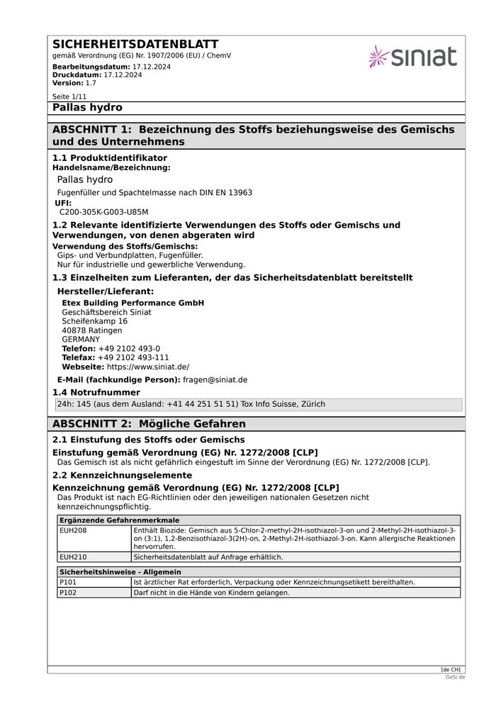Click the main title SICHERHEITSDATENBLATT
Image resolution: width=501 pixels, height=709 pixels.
click(x=135, y=44)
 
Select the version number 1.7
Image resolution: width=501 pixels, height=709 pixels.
click(x=91, y=83)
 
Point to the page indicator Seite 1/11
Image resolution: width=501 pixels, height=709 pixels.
click(x=69, y=96)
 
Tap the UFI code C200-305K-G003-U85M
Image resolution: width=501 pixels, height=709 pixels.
click(x=103, y=212)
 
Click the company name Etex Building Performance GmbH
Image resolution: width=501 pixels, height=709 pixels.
click(x=133, y=303)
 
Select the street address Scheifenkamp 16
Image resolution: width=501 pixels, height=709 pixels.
click(x=94, y=321)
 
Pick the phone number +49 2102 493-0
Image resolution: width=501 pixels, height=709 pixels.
click(x=129, y=349)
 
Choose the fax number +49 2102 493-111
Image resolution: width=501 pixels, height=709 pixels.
click(x=133, y=358)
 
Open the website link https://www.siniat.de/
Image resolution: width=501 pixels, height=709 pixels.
click(x=147, y=367)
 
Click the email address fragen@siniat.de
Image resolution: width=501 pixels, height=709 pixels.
click(x=215, y=380)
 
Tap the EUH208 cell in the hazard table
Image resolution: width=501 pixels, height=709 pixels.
click(x=73, y=530)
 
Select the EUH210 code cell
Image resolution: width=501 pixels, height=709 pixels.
click(x=73, y=557)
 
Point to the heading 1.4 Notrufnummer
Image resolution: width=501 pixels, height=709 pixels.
click(x=96, y=392)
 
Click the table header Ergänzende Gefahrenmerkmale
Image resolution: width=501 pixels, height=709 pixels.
click(x=119, y=520)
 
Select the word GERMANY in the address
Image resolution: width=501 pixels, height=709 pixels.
click(x=81, y=340)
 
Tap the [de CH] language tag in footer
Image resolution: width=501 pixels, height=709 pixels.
click(x=450, y=670)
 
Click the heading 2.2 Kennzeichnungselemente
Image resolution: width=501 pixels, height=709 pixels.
click(x=122, y=475)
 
